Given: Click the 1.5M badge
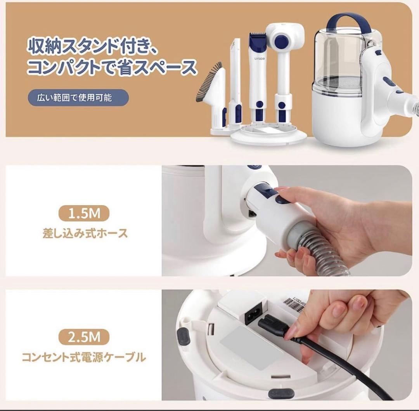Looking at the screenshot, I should pyautogui.click(x=84, y=213).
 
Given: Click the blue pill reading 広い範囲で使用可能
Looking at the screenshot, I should pyautogui.click(x=78, y=98).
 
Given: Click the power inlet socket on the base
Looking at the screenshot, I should pyautogui.click(x=253, y=316).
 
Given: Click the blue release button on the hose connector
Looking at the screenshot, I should pyautogui.click(x=282, y=200).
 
